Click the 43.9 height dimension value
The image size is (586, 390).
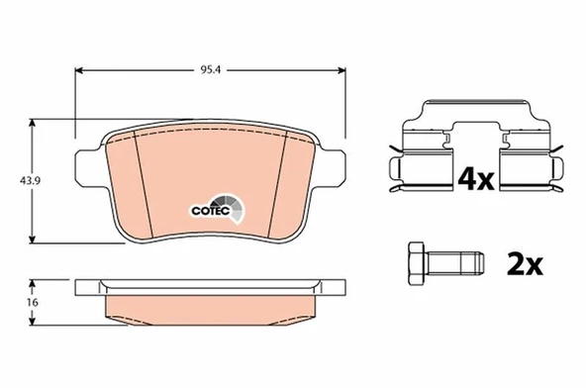pyautogui.click(x=15, y=180)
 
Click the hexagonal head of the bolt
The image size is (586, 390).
pyautogui.click(x=417, y=263)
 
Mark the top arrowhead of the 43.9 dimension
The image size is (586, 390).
pyautogui.click(x=36, y=123)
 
